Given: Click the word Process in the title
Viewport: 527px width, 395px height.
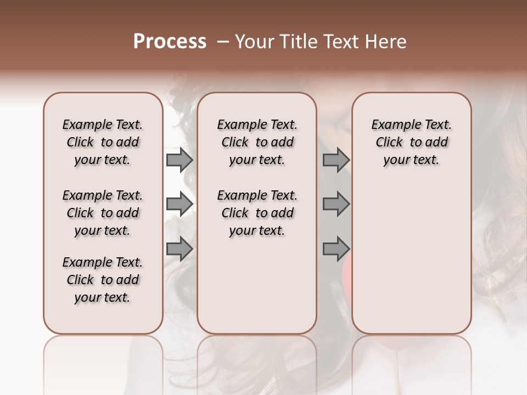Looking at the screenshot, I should coord(170,42).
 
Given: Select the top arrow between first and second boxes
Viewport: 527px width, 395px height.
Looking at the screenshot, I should coord(180,160).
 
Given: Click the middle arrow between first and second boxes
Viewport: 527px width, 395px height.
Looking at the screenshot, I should coord(180,204).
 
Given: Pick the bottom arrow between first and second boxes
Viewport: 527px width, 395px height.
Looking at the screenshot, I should coord(180,249).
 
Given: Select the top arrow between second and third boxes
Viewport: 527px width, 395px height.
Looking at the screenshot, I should coord(336,160).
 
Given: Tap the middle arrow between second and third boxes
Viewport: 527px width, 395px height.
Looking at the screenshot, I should coord(336,204).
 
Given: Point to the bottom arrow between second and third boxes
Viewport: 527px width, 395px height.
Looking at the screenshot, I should coord(336,249).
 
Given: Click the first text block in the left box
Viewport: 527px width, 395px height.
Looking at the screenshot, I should coord(103,142).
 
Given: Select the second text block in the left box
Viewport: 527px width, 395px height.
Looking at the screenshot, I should coord(103,213).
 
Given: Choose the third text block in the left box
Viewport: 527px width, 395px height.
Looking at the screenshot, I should coord(103,280).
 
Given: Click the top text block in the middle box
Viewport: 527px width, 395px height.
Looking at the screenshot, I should coord(257,142).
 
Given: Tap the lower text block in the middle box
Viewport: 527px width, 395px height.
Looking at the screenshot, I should coord(257,213).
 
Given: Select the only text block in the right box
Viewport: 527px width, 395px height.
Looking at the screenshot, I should coord(411,142).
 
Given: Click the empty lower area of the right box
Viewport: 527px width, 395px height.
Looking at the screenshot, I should coord(411,258).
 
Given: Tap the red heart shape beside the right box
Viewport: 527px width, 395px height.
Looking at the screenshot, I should coord(347,269).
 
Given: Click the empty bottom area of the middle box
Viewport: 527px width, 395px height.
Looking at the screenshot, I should coord(257,291).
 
